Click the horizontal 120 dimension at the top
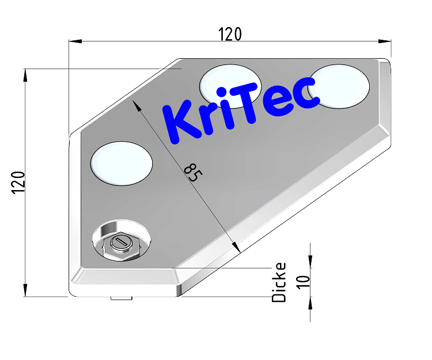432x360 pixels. pyautogui.click(x=230, y=35)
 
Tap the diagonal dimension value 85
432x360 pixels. pyautogui.click(x=191, y=172)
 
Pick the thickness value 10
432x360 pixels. pyautogui.click(x=305, y=281)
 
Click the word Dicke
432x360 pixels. pyautogui.click(x=279, y=282)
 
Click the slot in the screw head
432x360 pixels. pyautogui.click(x=121, y=242)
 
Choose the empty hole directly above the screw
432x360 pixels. pyautogui.click(x=122, y=163)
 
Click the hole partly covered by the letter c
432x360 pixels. pyautogui.click(x=340, y=86)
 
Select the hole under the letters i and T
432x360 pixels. pyautogui.click(x=230, y=85)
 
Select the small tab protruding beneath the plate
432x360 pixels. pyautogui.click(x=121, y=298)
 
